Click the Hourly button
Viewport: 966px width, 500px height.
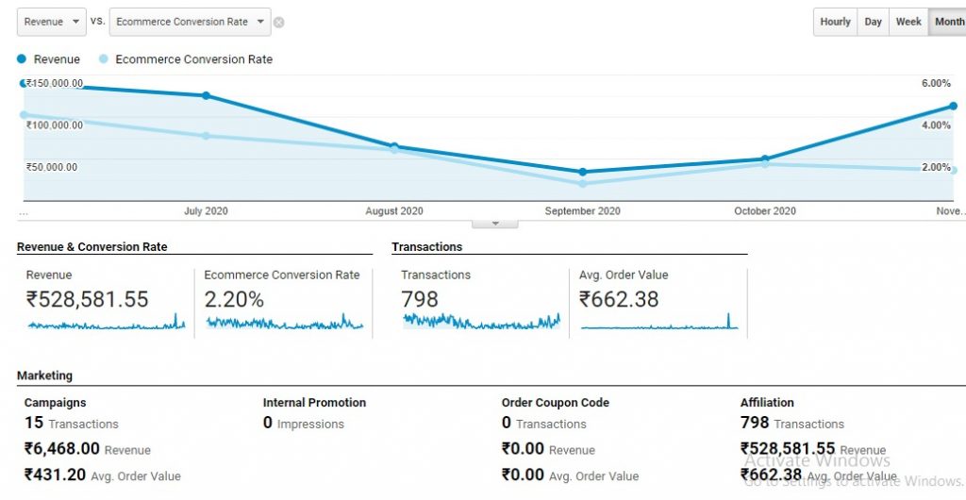point(835,22)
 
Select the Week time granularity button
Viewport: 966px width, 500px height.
point(908,22)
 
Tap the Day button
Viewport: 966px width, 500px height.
point(874,22)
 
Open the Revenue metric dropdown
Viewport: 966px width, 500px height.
point(52,22)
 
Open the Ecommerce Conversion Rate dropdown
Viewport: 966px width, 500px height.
point(190,22)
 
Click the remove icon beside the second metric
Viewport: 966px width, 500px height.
point(279,23)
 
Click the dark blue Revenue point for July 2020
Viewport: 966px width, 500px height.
point(206,95)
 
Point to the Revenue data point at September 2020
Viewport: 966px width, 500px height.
point(583,172)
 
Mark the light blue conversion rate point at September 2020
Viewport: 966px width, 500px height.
point(583,183)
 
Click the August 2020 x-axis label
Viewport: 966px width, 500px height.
point(394,211)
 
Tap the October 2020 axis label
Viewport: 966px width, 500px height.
point(765,211)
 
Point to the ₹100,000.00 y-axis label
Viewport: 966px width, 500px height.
point(54,125)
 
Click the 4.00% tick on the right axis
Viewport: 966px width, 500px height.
point(936,125)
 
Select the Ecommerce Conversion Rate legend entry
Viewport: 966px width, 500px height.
point(193,59)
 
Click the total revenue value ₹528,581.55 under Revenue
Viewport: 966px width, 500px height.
point(87,300)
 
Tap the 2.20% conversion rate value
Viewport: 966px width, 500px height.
point(234,300)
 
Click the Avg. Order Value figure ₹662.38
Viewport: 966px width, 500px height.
point(619,300)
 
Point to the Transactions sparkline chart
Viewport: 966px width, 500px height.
point(481,322)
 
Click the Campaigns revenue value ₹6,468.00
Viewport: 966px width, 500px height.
point(62,449)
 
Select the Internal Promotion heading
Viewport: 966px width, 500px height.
point(314,403)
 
